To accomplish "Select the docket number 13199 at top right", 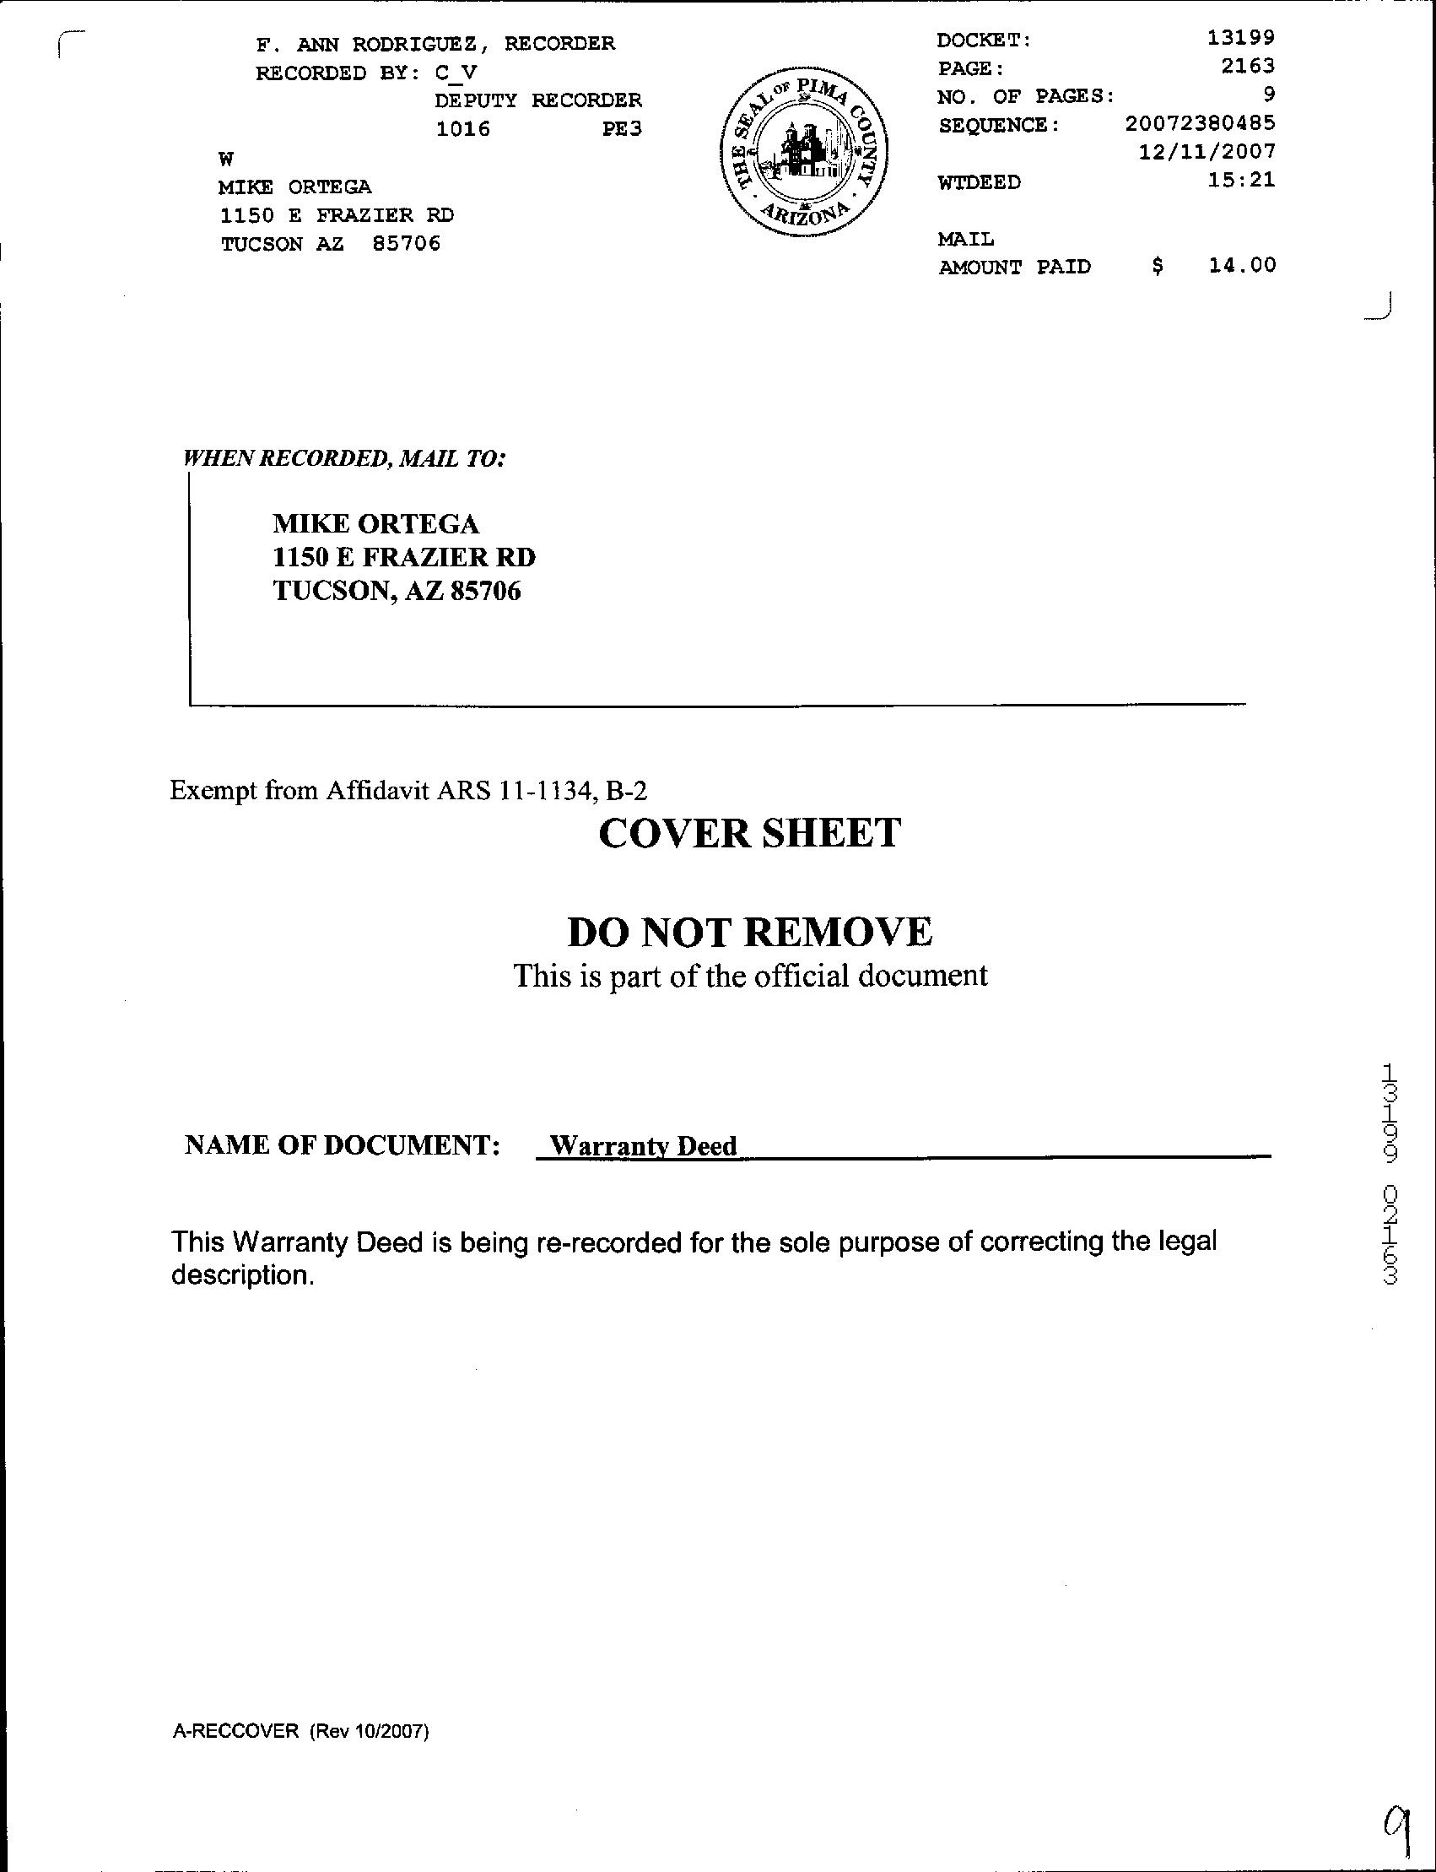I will coord(1240,39).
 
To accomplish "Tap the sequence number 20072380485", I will coord(1199,124).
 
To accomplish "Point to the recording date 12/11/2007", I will coord(1207,152).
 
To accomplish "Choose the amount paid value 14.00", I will coord(1241,265).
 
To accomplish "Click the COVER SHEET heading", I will coord(749,833).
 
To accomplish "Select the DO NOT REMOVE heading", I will coord(749,932).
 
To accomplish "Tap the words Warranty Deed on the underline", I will coord(643,1146).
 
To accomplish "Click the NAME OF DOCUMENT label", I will coord(342,1145).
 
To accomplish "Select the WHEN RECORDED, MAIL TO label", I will coord(345,459).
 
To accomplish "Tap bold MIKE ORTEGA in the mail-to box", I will coord(376,524).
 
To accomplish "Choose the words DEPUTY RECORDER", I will coord(537,101).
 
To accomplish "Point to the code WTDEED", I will coord(979,182).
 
